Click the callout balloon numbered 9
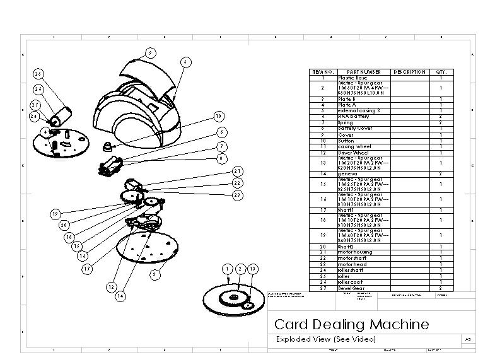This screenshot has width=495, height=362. tap(150, 52)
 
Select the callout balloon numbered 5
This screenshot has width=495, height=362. tap(185, 62)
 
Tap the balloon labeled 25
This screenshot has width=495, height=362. tap(38, 74)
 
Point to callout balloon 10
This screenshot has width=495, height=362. tap(218, 117)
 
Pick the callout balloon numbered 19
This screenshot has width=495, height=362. tap(55, 214)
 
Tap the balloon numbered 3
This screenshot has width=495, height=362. tap(155, 274)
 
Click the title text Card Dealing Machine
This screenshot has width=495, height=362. tap(351, 325)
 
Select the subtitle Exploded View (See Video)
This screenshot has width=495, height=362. tap(326, 339)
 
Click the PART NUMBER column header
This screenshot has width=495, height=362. tap(364, 73)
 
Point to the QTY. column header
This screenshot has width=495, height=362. tap(440, 73)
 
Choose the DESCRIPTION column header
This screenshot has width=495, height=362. tap(409, 73)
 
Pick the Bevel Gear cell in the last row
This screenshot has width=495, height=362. tap(351, 287)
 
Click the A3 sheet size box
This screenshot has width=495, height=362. tap(467, 339)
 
